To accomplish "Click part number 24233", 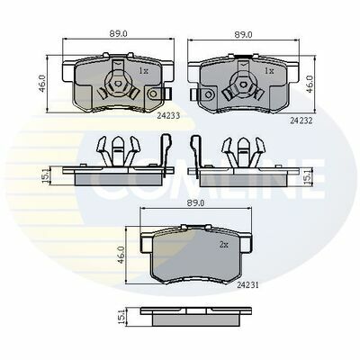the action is (x=168, y=116).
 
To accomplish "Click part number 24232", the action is (x=301, y=121).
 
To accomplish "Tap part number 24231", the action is (x=247, y=285).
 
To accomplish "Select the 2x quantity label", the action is (x=224, y=245).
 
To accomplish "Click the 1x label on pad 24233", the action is (x=143, y=71).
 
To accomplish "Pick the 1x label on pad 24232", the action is (x=269, y=71).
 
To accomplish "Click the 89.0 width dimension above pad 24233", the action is (x=118, y=34).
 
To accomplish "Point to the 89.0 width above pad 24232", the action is (x=244, y=34).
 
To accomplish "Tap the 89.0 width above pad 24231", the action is (x=195, y=203).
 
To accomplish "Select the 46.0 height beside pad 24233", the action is (x=42, y=84).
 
